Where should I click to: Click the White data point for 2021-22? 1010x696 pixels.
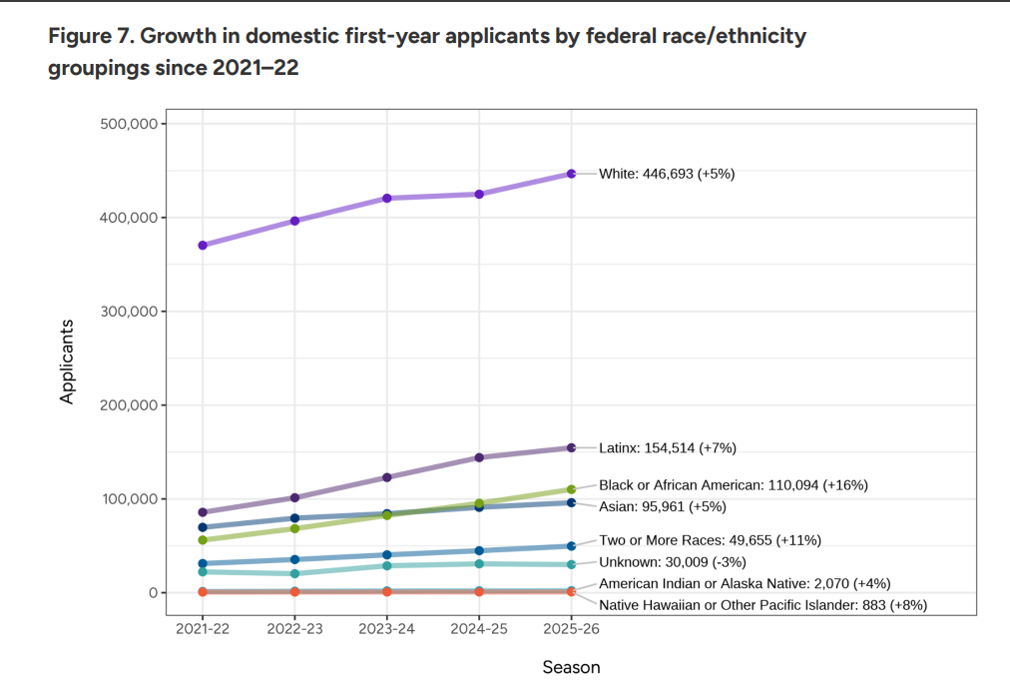[203, 245]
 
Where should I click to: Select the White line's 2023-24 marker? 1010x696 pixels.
[387, 198]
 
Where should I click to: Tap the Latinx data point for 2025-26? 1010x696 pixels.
[572, 447]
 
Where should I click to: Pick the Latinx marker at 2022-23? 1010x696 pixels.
[294, 497]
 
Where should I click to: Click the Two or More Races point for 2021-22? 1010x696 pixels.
[203, 563]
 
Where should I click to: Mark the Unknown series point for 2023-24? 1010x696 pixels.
[387, 565]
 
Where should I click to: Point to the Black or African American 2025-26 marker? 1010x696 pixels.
[572, 489]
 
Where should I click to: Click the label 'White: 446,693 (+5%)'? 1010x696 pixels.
[667, 174]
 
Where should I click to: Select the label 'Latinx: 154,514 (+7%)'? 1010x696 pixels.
[668, 447]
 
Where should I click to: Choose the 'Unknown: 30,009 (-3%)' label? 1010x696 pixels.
[673, 562]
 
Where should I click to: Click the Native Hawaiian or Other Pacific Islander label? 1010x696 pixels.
[763, 604]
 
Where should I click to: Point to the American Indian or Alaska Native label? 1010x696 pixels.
[745, 583]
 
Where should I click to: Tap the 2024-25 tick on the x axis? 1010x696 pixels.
[479, 630]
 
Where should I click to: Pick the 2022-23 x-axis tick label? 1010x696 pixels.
[294, 630]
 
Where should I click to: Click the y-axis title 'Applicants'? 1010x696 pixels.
[68, 360]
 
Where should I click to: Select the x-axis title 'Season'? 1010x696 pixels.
[571, 667]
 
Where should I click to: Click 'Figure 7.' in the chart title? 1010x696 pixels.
[90, 38]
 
